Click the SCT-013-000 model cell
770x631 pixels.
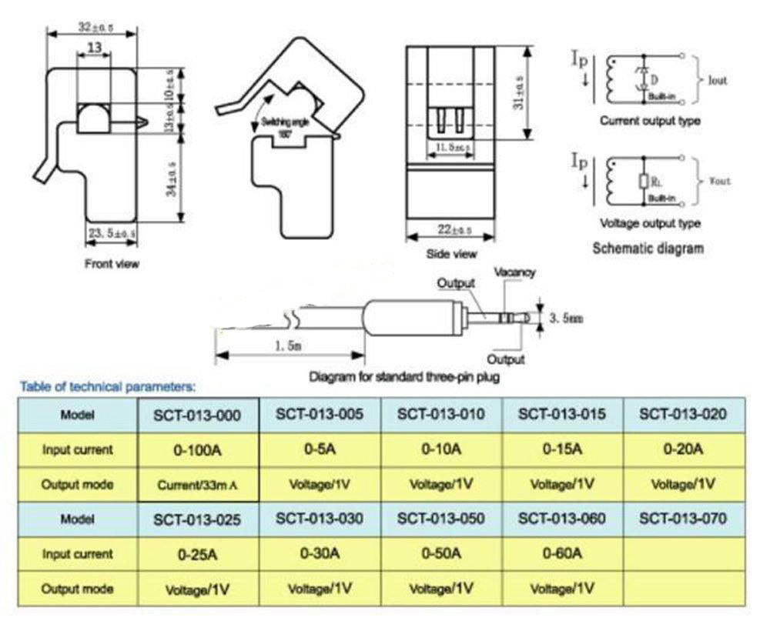199,416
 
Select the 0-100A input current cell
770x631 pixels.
199,450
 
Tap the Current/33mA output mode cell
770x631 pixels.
199,485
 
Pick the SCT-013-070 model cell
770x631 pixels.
683,519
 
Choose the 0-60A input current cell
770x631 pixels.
562,553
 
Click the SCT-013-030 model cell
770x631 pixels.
320,519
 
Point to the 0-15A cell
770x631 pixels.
562,449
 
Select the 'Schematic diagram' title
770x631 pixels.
648,249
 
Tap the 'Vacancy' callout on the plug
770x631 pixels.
514,272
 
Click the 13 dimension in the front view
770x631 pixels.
95,48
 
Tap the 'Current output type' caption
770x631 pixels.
650,121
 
